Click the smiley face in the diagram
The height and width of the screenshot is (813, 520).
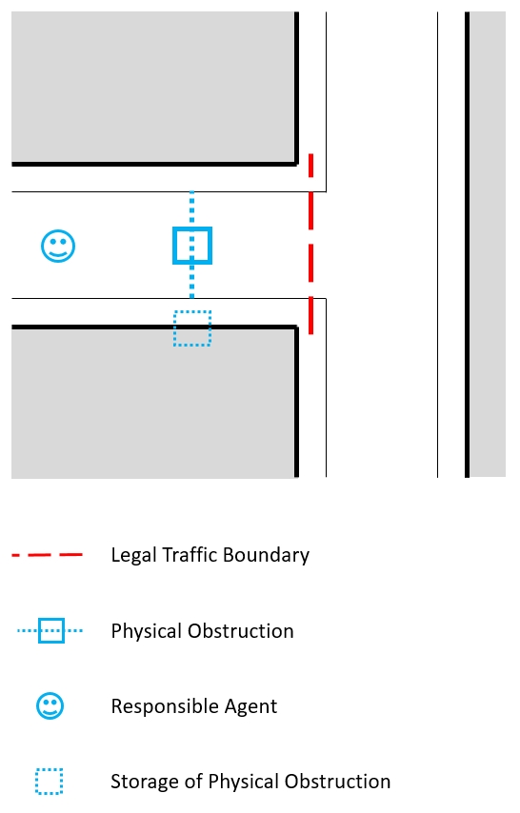[58, 246]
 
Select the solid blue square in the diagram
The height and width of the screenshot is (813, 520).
[174, 246]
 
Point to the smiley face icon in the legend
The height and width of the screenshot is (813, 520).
[50, 705]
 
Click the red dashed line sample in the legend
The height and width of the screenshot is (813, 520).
[48, 555]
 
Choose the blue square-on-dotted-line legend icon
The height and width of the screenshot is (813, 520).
[50, 630]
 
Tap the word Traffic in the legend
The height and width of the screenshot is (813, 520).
[189, 554]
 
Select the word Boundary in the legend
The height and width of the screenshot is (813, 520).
[267, 555]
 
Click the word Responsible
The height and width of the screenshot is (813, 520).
[161, 706]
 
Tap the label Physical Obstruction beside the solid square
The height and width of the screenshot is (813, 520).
[203, 631]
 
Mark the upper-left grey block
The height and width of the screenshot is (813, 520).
[153, 88]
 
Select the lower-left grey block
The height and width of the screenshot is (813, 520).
[153, 403]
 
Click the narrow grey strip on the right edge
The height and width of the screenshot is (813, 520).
[488, 245]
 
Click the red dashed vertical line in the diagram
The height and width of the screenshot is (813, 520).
[310, 244]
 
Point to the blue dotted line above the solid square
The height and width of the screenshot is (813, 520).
[192, 208]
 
